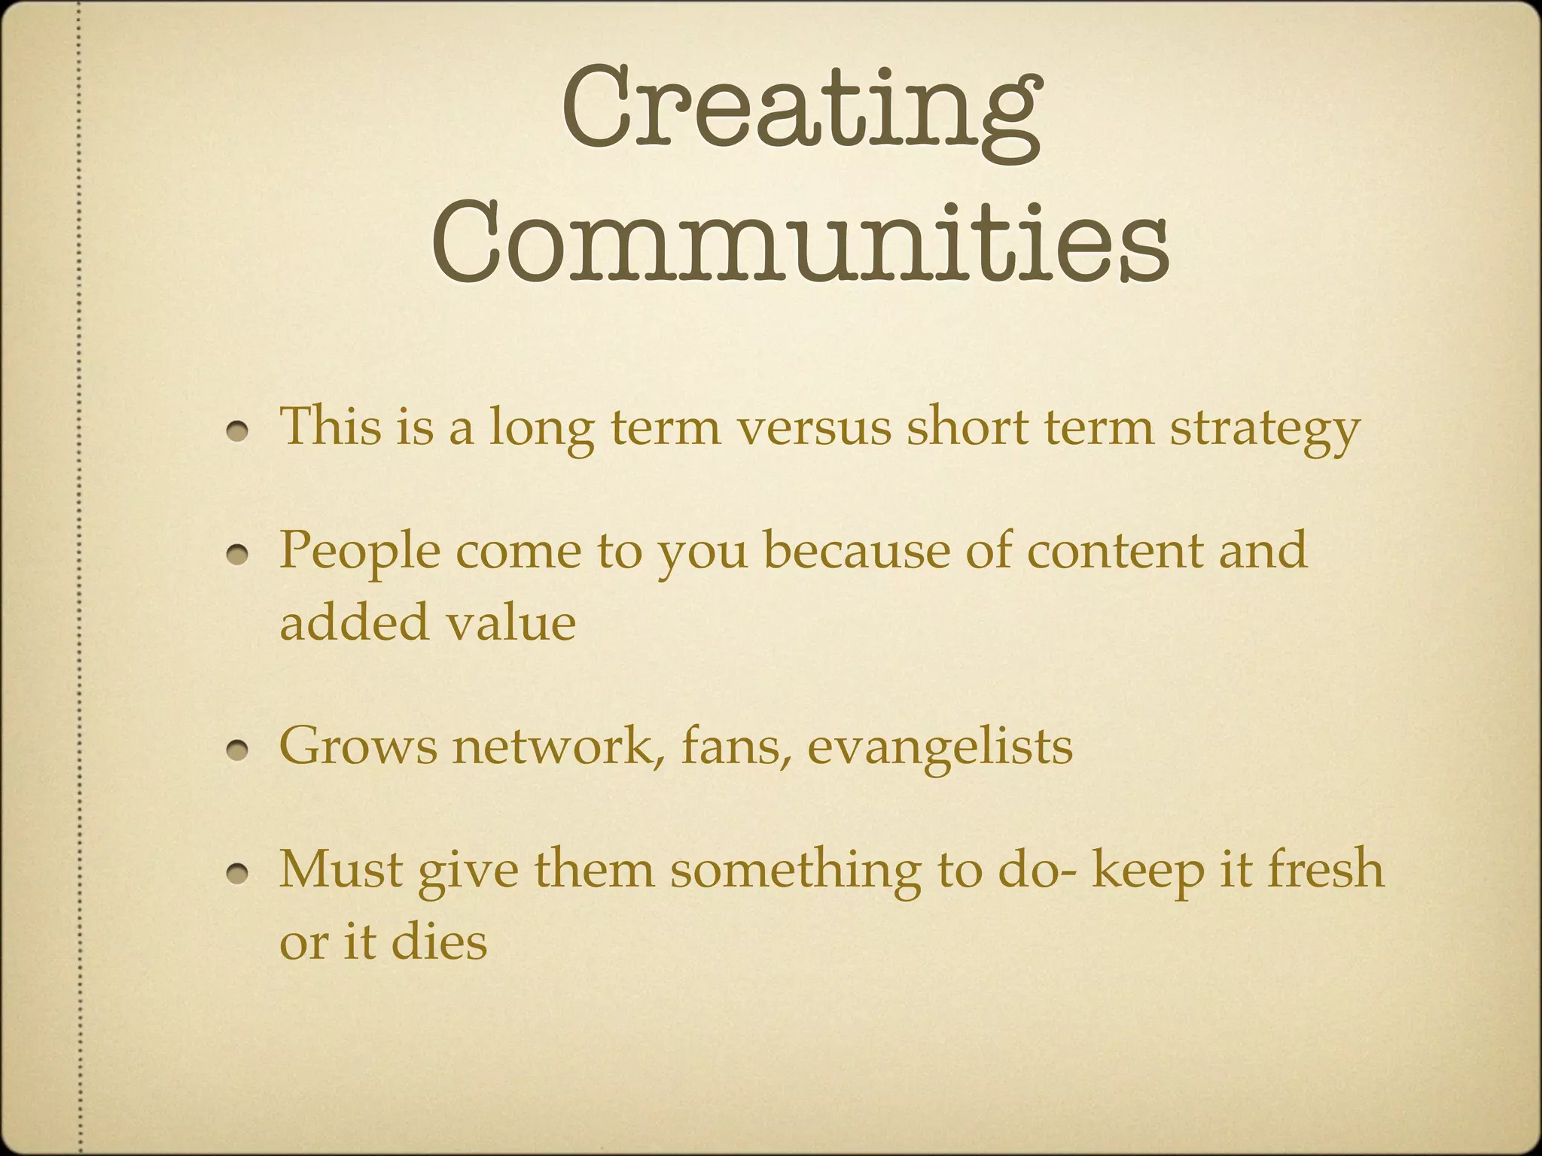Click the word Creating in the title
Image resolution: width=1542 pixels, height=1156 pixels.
click(x=801, y=113)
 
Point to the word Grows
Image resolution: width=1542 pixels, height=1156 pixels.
click(x=358, y=747)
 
